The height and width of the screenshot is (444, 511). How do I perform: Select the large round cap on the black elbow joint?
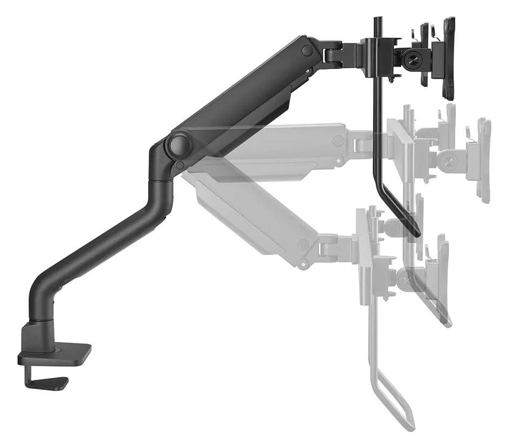click(x=178, y=145)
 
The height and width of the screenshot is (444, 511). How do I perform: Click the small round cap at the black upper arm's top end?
click(x=308, y=50)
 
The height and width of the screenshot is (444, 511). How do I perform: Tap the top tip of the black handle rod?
click(x=377, y=21)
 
